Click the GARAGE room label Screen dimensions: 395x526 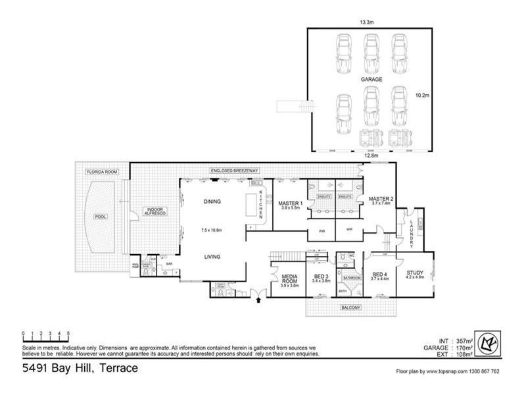pyautogui.click(x=371, y=78)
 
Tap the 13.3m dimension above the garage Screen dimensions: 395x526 pyautogui.click(x=368, y=22)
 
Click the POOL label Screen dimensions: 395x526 pyautogui.click(x=101, y=217)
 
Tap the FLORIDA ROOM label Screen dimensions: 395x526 pyautogui.click(x=102, y=172)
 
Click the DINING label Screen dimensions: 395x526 pyautogui.click(x=212, y=201)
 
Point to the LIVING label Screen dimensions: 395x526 pyautogui.click(x=212, y=257)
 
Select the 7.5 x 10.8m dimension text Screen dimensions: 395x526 pyautogui.click(x=212, y=230)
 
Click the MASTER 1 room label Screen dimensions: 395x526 pyautogui.click(x=290, y=203)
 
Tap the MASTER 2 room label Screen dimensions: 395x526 pyautogui.click(x=381, y=199)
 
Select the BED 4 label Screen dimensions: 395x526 pyautogui.click(x=381, y=275)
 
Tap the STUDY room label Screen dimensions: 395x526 pyautogui.click(x=415, y=272)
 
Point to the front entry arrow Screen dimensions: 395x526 pyautogui.click(x=258, y=300)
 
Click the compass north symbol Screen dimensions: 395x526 pyautogui.click(x=489, y=344)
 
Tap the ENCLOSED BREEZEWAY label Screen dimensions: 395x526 pyautogui.click(x=235, y=171)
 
